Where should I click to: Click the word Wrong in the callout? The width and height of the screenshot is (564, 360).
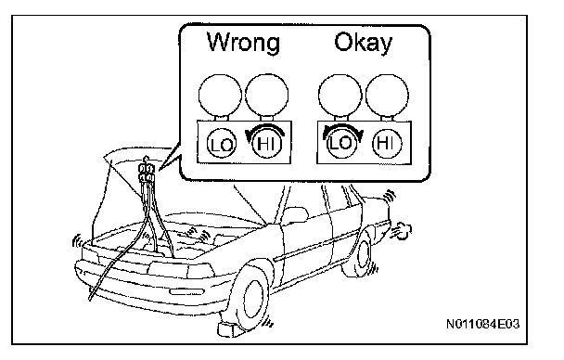[243, 43]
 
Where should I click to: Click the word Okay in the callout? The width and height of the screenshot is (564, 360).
[364, 44]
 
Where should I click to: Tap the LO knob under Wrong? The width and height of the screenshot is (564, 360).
[222, 144]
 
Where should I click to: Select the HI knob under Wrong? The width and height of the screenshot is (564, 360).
[266, 144]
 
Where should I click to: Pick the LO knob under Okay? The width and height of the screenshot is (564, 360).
[341, 144]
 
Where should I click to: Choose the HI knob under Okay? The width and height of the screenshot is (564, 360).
[387, 144]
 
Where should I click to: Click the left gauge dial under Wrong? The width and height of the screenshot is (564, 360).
[220, 96]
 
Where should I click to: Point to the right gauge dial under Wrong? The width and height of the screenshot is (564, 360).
[266, 96]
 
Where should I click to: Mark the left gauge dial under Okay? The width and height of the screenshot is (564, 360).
[340, 96]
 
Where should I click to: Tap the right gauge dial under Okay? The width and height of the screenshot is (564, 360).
[387, 96]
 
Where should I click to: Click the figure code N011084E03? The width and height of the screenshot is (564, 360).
[482, 324]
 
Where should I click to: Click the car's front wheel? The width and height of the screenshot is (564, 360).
[251, 295]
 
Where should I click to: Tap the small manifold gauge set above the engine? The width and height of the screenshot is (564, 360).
[147, 172]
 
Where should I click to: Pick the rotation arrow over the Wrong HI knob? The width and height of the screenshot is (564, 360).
[266, 126]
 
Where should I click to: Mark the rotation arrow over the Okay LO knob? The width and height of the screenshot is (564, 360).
[342, 126]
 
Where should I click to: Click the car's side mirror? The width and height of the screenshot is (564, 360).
[294, 214]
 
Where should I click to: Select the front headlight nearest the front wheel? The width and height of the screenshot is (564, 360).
[200, 270]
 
